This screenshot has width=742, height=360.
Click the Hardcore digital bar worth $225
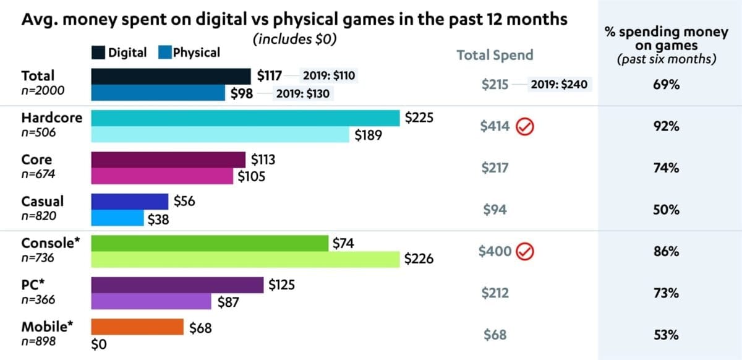pyautogui.click(x=245, y=118)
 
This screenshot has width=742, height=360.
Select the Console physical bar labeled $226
pyautogui.click(x=245, y=260)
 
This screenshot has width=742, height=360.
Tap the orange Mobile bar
pyautogui.click(x=137, y=327)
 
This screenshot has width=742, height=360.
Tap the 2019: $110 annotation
pyautogui.click(x=328, y=76)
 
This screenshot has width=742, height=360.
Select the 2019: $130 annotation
pyautogui.click(x=302, y=94)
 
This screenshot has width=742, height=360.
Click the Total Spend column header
pyautogui.click(x=495, y=55)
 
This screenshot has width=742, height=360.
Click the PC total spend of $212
pyautogui.click(x=495, y=293)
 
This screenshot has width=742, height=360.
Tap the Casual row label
pyautogui.click(x=43, y=202)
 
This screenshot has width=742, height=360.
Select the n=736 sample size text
pyautogui.click(x=38, y=257)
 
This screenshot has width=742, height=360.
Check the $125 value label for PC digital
pyautogui.click(x=281, y=285)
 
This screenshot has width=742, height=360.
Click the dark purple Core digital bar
pyautogui.click(x=168, y=160)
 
